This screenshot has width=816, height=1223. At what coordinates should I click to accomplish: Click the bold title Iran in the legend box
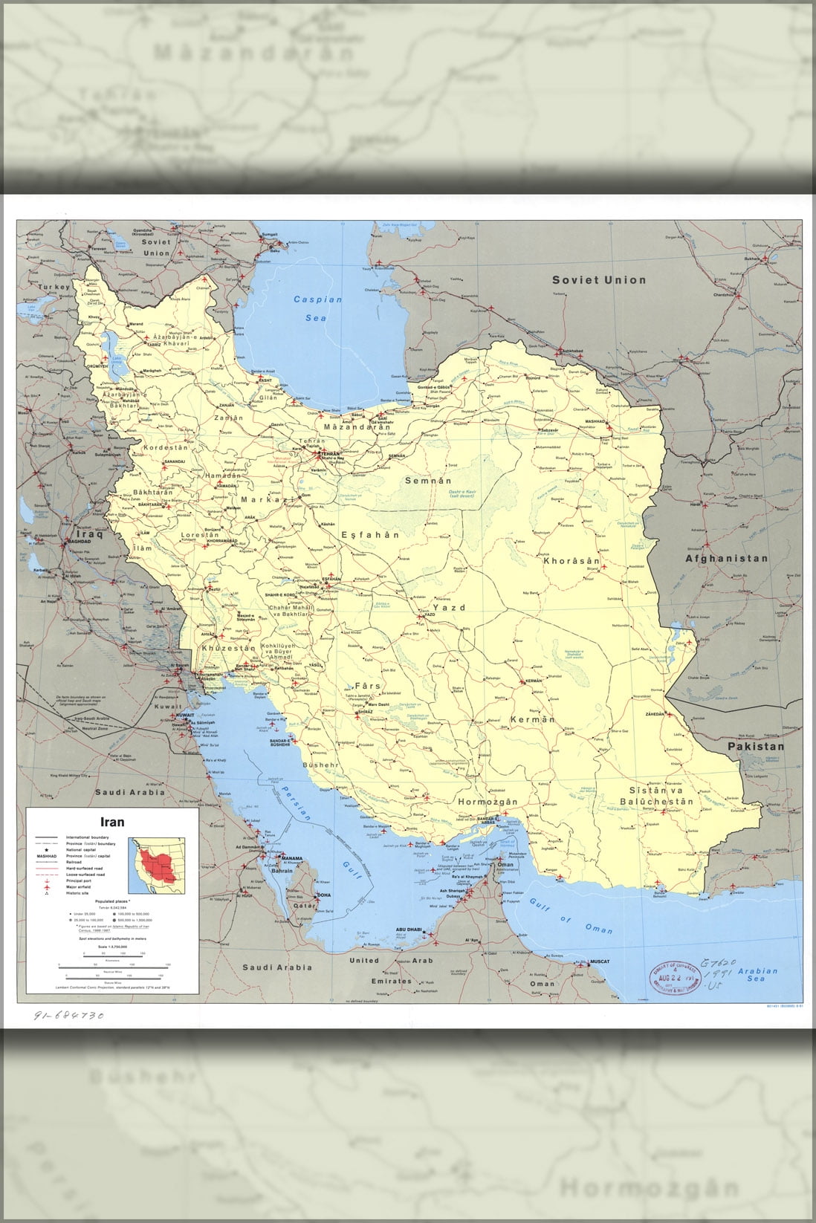pos(113,822)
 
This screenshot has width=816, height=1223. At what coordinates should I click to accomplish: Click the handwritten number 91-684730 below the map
pos(68,1015)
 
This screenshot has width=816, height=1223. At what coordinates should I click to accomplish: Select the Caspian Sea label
pos(317,308)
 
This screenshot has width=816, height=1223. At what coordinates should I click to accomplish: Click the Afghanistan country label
pos(726,558)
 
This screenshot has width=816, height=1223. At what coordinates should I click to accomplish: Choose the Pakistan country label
pos(755,746)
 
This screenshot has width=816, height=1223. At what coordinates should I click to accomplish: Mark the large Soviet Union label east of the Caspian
pos(598,280)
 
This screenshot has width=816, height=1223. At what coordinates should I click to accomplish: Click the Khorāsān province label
pos(571,560)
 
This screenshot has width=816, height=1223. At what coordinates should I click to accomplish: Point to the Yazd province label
pos(449,608)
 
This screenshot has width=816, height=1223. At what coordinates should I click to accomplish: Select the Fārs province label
pos(367,686)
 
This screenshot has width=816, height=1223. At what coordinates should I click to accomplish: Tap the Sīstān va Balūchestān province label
pos(656,796)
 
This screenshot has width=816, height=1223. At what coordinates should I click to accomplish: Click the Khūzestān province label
pos(225,649)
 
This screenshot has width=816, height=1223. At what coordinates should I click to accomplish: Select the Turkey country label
pos(54,287)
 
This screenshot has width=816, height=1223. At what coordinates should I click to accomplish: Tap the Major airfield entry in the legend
pos(82,887)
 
